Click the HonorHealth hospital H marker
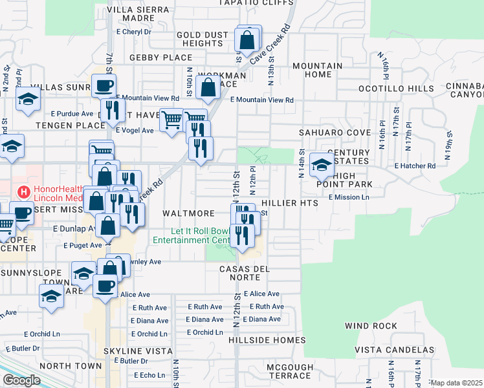24,192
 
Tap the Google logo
21,380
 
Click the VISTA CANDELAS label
390,350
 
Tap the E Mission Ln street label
349,197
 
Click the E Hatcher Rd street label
415,166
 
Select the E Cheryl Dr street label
134,31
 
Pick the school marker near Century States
322,165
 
